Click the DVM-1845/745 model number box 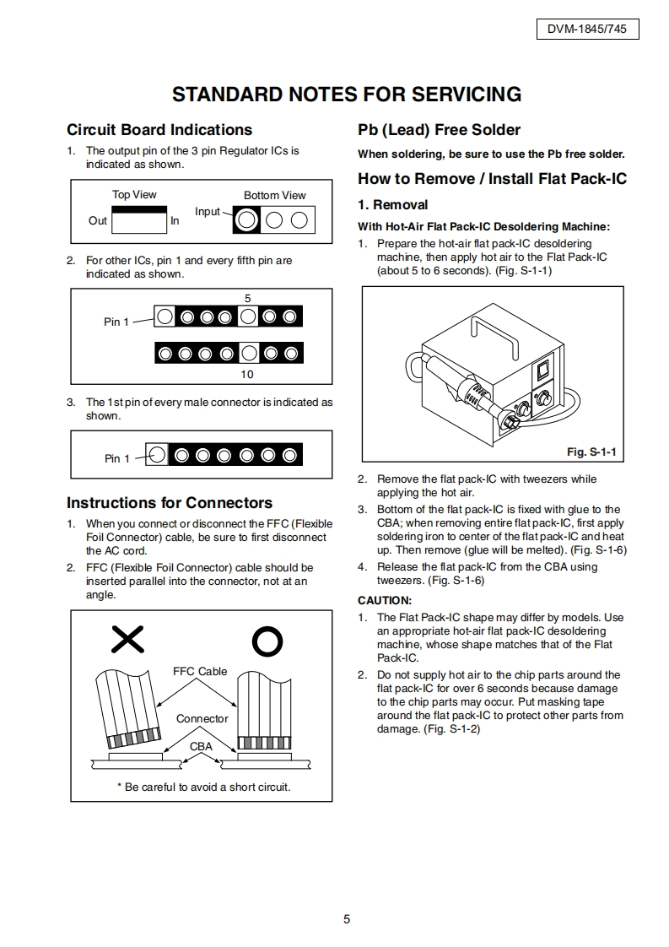click(587, 30)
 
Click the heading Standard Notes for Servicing click(347, 95)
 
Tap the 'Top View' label click(134, 194)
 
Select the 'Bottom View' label click(275, 195)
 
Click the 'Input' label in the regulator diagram click(208, 212)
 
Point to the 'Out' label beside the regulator click(98, 221)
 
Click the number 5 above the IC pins click(247, 299)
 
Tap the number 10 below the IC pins click(247, 374)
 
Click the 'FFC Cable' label click(200, 672)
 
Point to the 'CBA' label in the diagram click(201, 747)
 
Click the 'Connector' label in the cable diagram click(202, 719)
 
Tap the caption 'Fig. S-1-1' click(591, 452)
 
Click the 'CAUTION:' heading click(385, 601)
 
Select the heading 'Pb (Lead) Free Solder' click(439, 130)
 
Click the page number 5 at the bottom click(347, 920)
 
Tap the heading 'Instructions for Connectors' click(170, 503)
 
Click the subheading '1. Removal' click(392, 205)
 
